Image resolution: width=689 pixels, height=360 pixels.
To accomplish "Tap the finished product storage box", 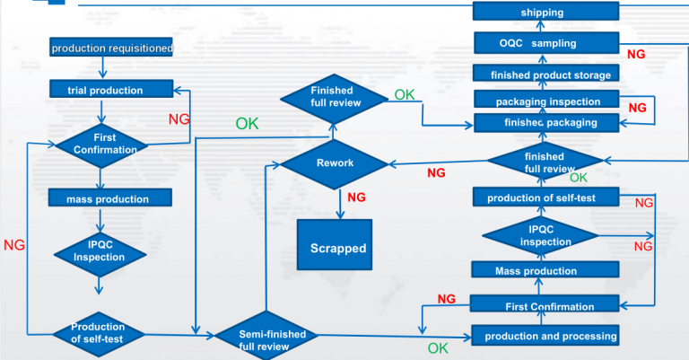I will pyautogui.click(x=545, y=75).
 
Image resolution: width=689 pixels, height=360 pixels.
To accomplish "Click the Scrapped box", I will pyautogui.click(x=337, y=248).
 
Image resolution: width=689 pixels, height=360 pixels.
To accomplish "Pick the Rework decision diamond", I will pyautogui.click(x=335, y=163).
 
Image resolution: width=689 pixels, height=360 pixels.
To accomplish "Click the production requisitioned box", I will pyautogui.click(x=111, y=48).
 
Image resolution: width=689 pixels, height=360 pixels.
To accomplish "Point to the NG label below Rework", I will pyautogui.click(x=356, y=198).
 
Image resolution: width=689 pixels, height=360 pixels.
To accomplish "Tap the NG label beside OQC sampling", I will pyautogui.click(x=635, y=54).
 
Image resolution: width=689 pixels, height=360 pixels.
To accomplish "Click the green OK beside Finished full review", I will pyautogui.click(x=405, y=94).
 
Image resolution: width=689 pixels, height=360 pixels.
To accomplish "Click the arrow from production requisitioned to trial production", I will pyautogui.click(x=105, y=68).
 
